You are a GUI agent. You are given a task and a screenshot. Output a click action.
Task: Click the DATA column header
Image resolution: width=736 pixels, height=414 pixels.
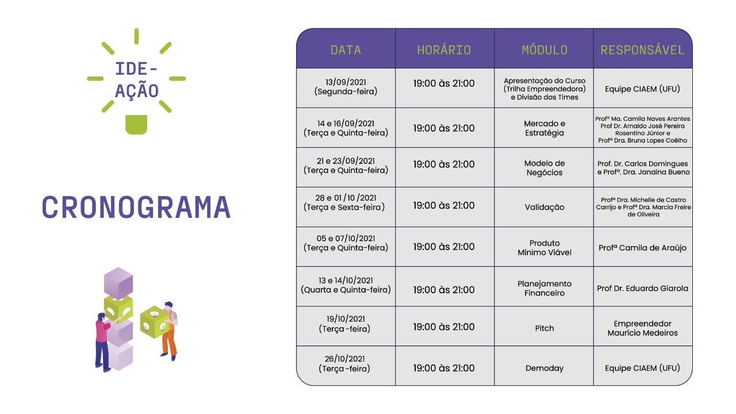346,50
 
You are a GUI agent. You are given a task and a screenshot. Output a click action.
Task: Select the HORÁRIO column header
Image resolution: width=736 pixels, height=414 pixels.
444,50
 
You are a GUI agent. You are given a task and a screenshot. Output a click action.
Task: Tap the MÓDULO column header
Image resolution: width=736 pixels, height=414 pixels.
545,50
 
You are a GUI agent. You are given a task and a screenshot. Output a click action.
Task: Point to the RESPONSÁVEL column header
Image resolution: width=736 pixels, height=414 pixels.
642,50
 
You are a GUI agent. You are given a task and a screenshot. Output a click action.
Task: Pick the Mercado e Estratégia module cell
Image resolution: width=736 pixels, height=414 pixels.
545,128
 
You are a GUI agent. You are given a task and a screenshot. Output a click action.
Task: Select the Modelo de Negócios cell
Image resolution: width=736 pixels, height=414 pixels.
545,168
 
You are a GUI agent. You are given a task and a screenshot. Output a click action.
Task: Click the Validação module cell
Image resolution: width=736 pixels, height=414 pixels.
545,208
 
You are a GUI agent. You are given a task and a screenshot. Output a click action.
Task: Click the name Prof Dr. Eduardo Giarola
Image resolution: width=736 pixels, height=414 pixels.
642,289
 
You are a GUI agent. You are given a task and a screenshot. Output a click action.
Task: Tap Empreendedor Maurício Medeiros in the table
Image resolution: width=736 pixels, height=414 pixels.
642,328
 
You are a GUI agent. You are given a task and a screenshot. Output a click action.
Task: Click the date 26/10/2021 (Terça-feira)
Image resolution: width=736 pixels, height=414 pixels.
344,364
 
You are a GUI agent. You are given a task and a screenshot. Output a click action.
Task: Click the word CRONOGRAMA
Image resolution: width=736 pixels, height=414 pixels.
136,207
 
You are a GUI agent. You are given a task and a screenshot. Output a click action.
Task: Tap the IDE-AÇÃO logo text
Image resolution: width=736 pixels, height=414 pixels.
136,80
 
